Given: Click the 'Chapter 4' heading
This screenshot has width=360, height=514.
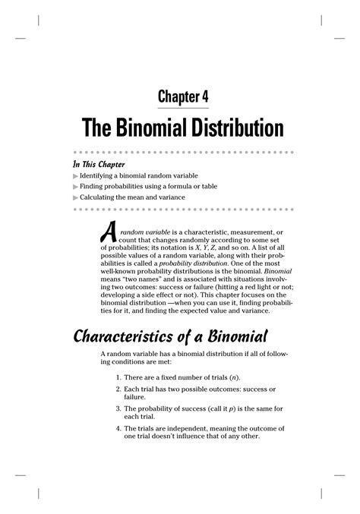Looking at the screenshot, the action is pos(183,96).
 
